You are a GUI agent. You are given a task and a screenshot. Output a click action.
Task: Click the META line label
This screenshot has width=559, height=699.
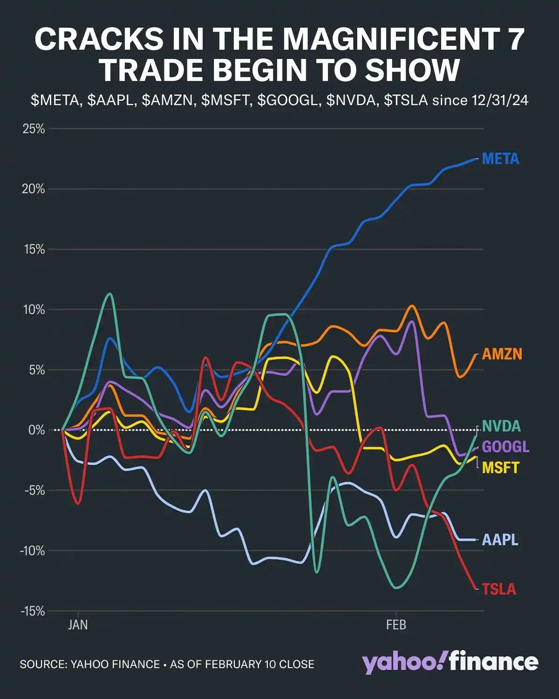coord(500,159)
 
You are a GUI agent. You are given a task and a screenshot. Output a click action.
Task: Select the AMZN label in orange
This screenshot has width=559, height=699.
coord(502,354)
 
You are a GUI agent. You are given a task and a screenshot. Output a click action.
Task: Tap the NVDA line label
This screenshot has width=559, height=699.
coord(501,426)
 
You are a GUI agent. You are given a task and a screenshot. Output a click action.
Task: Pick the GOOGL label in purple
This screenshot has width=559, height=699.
coord(505,447)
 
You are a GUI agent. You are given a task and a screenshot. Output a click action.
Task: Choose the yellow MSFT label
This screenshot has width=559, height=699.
coord(500,467)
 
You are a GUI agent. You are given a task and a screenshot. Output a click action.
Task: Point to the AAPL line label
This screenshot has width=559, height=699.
coord(500,540)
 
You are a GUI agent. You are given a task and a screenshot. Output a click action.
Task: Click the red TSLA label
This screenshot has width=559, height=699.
coord(499,589)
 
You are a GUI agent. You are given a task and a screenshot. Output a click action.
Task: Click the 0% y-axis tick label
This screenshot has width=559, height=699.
coord(36,430)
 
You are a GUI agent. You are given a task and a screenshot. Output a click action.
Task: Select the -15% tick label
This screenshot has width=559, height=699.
coord(32,611)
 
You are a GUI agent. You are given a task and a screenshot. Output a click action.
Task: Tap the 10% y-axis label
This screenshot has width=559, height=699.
coord(34,309)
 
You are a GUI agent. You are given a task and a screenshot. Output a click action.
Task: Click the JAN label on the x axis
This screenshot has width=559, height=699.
coord(78,624)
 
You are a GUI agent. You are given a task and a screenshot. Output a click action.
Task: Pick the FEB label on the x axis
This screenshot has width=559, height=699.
coord(396,624)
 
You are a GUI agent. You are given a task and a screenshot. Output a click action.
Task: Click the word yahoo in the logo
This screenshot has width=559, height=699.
coord(402,662)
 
